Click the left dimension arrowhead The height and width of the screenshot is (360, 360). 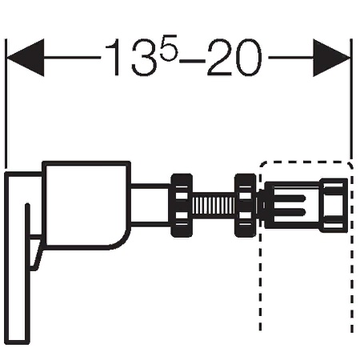click(x=26, y=58)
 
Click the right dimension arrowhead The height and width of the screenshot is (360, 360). click(x=331, y=58)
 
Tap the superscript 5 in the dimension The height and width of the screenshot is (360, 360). click(x=169, y=48)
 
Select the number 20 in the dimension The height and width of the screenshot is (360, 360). click(x=234, y=58)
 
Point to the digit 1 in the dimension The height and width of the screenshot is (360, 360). click(x=113, y=58)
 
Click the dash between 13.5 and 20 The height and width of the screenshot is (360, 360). click(x=192, y=61)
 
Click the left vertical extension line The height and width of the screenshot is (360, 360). click(x=6, y=104)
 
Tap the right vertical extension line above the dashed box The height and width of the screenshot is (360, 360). click(x=351, y=99)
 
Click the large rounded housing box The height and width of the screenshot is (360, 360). click(x=86, y=205)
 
